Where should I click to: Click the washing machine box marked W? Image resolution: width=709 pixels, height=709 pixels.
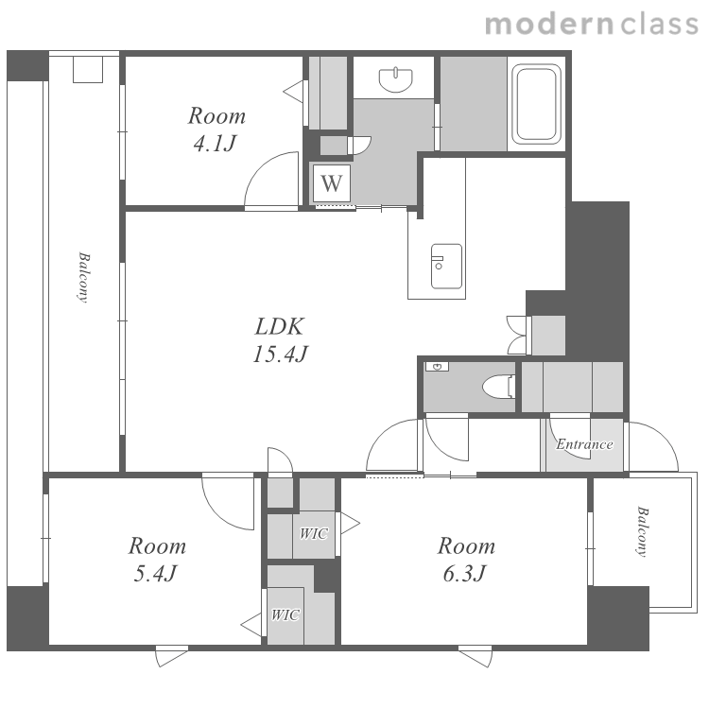pyautogui.click(x=332, y=183)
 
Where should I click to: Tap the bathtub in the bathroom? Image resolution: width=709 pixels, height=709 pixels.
pyautogui.click(x=536, y=104)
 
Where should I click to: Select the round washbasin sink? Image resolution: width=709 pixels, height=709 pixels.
pyautogui.click(x=396, y=80)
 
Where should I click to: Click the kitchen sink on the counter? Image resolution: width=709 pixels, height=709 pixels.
pyautogui.click(x=447, y=267)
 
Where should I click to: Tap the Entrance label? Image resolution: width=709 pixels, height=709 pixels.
pyautogui.click(x=584, y=444)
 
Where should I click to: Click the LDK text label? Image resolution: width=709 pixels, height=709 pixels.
pyautogui.click(x=280, y=326)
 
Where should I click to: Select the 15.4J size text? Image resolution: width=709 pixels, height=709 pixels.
pyautogui.click(x=281, y=354)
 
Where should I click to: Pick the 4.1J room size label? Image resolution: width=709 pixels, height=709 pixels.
pyautogui.click(x=216, y=144)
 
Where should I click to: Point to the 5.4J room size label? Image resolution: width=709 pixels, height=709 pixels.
pyautogui.click(x=155, y=574)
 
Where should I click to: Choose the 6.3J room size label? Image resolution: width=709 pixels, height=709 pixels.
pyautogui.click(x=464, y=574)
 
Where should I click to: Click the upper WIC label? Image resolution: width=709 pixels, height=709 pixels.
pyautogui.click(x=314, y=533)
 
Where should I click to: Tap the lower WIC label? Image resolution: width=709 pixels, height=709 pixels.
pyautogui.click(x=285, y=615)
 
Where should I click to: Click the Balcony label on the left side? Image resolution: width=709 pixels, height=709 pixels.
pyautogui.click(x=83, y=277)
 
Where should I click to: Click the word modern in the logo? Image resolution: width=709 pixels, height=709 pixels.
pyautogui.click(x=549, y=25)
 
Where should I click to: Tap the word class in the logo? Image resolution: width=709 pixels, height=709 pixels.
pyautogui.click(x=660, y=25)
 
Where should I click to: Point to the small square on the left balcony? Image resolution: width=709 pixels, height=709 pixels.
pyautogui.click(x=88, y=69)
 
